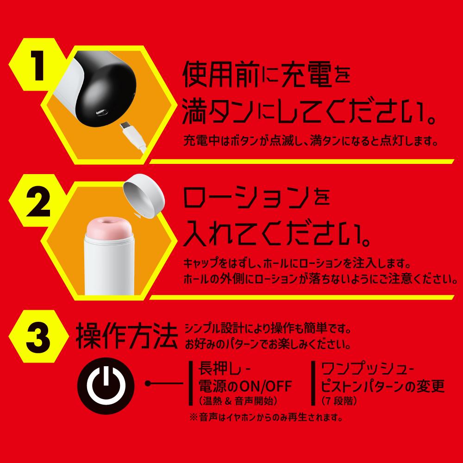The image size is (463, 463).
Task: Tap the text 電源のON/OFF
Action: point(245,385)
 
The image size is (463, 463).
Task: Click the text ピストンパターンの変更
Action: point(382,385)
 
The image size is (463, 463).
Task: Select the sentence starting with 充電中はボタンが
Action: point(311,139)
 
